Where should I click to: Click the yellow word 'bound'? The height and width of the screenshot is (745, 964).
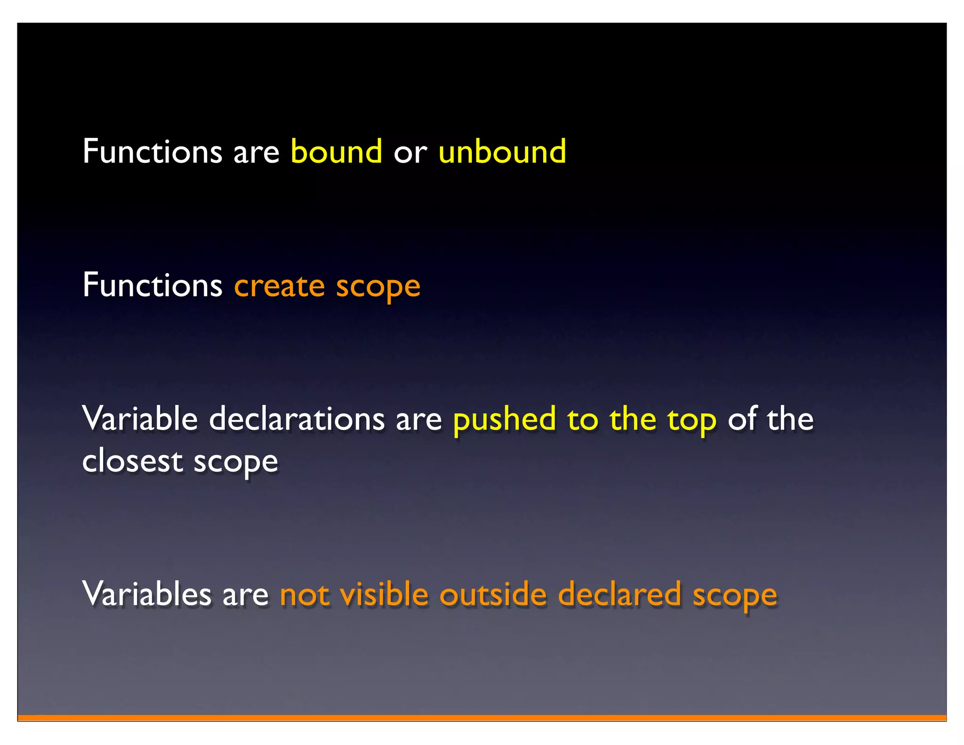336,152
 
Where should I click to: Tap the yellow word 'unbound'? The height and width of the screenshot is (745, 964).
502,152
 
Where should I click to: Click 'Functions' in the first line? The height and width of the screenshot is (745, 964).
152,152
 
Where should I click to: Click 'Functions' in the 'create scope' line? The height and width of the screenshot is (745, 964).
152,285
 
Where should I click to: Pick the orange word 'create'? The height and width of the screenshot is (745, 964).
280,286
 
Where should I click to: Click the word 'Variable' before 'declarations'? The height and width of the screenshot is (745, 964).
140,418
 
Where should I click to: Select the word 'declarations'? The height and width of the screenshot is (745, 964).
297,418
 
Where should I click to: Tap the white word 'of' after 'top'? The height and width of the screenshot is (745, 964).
742,418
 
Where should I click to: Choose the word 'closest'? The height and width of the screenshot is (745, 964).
132,461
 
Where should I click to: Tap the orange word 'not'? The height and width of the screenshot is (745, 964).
304,595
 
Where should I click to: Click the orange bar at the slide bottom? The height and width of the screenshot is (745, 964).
482,718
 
